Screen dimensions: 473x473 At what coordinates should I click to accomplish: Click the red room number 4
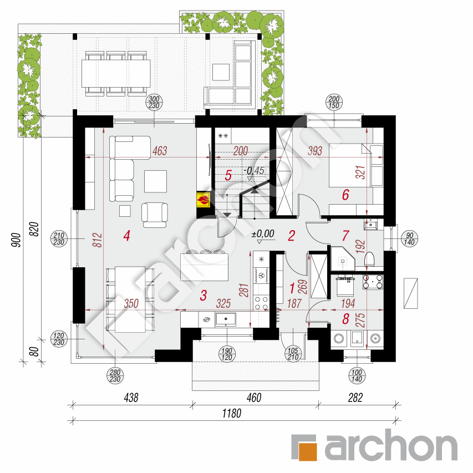(x=127, y=236)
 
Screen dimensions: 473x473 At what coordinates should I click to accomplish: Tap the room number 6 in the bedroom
(x=345, y=195)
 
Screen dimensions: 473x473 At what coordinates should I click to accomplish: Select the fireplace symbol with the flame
(x=204, y=200)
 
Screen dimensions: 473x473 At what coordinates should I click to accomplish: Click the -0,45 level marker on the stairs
(x=255, y=171)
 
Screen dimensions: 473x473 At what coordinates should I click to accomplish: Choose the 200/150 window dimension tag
(x=337, y=103)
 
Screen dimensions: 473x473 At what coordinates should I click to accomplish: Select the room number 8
(x=346, y=319)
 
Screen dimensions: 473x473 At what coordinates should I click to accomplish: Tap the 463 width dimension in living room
(x=160, y=151)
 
